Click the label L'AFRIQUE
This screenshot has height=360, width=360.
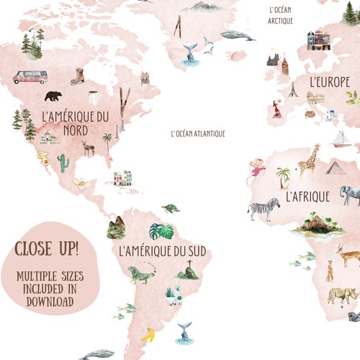click(307, 196)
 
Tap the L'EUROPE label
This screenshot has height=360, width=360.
click(329, 82)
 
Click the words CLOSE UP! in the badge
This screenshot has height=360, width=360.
click(48, 250)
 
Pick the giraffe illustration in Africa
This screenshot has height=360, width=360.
click(309, 161)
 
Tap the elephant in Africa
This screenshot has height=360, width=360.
click(350, 194)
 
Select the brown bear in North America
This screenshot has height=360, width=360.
click(53, 96)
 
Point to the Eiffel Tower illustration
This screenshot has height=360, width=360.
click(293, 89)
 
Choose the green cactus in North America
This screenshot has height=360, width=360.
click(63, 163)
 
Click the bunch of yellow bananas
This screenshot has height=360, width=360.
click(148, 334)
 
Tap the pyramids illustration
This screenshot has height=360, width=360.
click(336, 167)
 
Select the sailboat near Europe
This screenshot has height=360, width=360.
click(341, 138)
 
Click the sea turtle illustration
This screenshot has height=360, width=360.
click(171, 209)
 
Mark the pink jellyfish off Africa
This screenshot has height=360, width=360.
click(256, 171)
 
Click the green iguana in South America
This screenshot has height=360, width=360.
click(138, 274)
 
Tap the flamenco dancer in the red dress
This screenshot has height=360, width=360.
click(276, 109)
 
